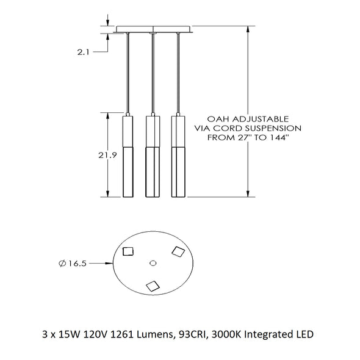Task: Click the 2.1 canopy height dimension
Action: click(83, 52)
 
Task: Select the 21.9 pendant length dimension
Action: click(107, 156)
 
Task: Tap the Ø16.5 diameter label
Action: click(73, 264)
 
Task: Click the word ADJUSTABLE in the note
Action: click(261, 119)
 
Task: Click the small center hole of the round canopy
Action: click(153, 263)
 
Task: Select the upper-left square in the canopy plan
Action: click(128, 251)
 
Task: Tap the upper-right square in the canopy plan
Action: click(178, 251)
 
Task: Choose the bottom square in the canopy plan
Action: click(153, 286)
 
